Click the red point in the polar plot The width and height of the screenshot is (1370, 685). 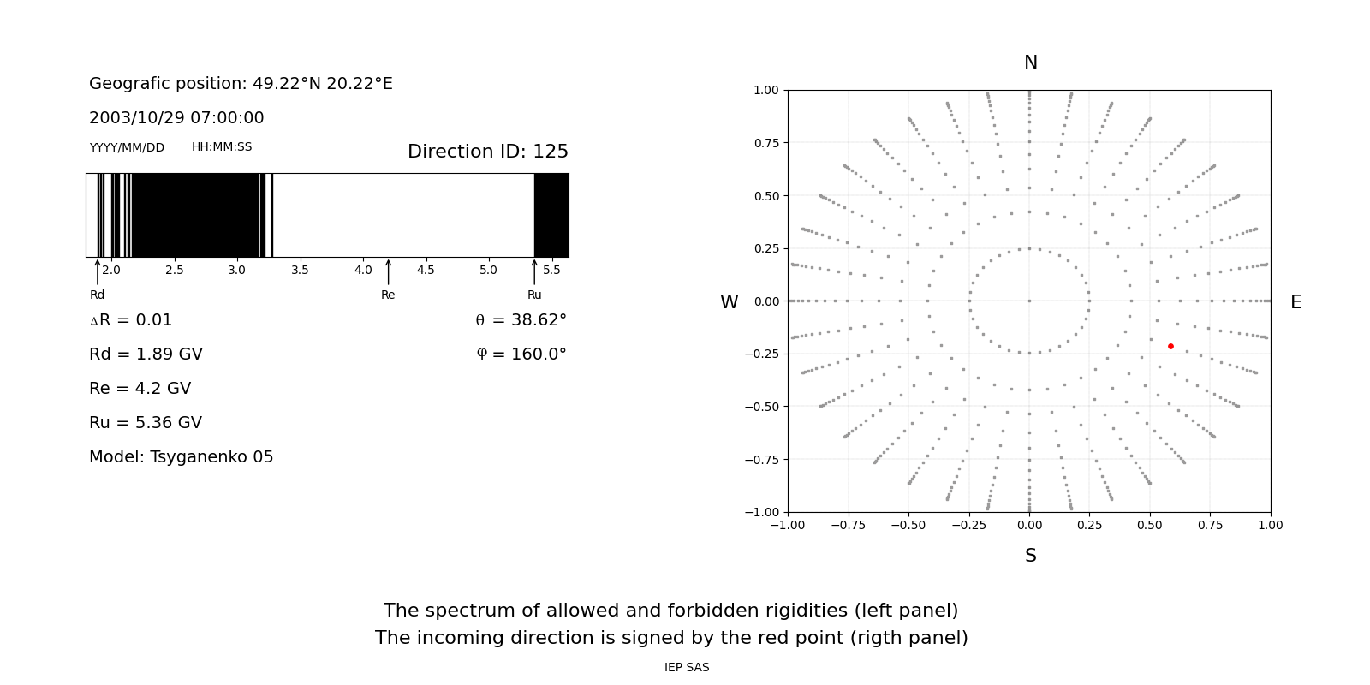pos(1170,346)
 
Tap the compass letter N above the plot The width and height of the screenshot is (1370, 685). pos(1030,63)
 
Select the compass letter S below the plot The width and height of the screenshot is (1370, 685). pos(1030,556)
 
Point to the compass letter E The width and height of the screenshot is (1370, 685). pos(1296,302)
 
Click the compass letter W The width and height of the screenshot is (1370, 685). pos(729,302)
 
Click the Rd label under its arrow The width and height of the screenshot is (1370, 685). pos(97,295)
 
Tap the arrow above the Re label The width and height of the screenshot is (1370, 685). pos(388,271)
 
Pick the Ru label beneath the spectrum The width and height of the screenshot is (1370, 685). pos(534,295)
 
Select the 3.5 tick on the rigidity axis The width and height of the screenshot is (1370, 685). pos(300,270)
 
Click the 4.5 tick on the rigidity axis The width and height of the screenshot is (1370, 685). pos(426,270)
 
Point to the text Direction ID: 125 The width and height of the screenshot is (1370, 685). pos(487,152)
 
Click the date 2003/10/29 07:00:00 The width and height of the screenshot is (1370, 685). pos(176,118)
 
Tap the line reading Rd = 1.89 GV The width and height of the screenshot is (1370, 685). pos(146,354)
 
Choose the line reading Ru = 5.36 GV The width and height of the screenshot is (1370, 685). pos(146,423)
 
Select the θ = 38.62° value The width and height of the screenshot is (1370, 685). pos(521,320)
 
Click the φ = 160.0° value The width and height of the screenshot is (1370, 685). pos(521,354)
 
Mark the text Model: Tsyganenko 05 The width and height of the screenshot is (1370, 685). pos(182,457)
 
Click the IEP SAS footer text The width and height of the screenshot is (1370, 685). pos(687,667)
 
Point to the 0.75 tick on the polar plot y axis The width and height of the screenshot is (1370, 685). pos(765,143)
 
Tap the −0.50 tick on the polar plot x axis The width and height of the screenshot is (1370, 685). pos(908,525)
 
